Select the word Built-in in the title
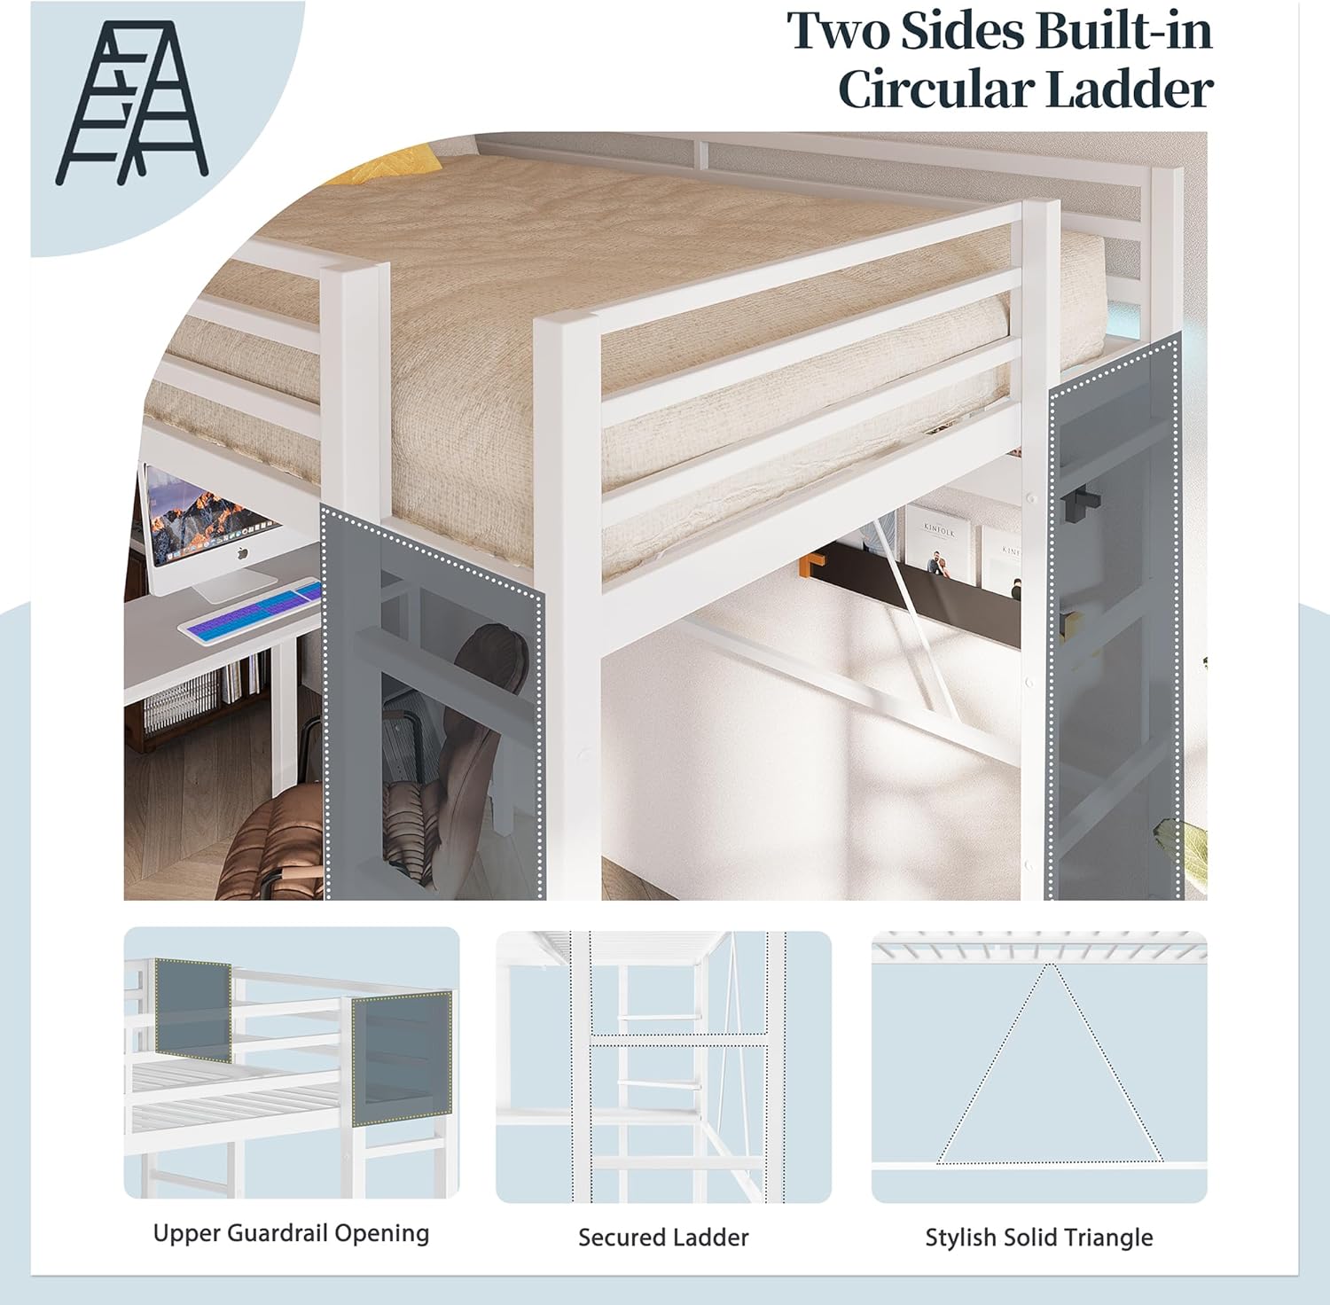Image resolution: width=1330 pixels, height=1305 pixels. click(x=1124, y=30)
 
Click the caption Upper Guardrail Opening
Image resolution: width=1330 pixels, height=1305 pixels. click(x=291, y=1233)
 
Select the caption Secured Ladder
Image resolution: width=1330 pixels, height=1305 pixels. click(x=663, y=1237)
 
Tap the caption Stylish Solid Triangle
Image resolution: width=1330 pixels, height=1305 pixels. click(x=1039, y=1237)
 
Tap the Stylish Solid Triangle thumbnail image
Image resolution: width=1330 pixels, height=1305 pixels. click(x=1039, y=1067)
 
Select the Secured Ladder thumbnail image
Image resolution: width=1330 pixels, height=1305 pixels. click(x=664, y=1067)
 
